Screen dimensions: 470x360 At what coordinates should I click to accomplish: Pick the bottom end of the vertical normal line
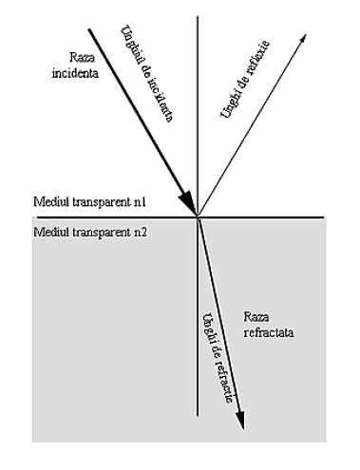pyautogui.click(x=198, y=417)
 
